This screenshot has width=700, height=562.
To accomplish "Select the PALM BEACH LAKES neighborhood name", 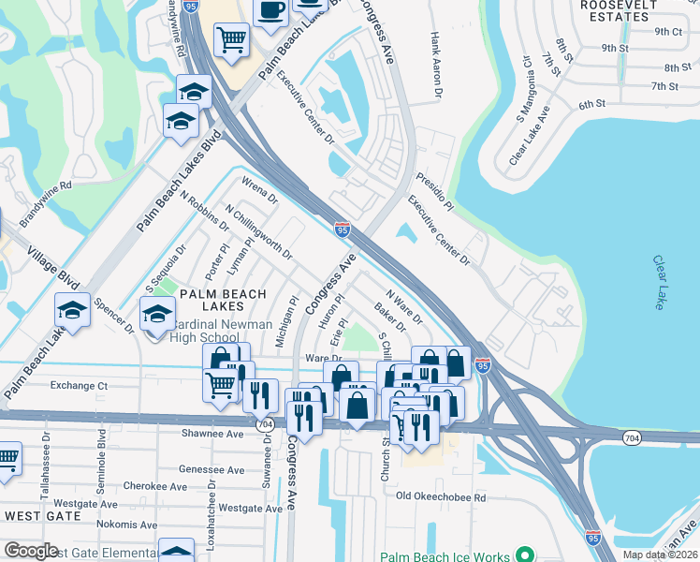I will (x=218, y=294).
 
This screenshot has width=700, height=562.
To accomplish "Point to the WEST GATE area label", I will (x=39, y=516).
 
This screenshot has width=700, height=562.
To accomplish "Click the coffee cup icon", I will (x=271, y=11).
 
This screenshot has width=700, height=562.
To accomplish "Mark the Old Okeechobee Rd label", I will (x=441, y=496).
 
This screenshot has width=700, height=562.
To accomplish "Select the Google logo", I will (x=31, y=551).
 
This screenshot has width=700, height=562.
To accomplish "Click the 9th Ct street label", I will (x=668, y=31).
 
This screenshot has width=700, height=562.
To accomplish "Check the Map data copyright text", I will (x=660, y=555).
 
